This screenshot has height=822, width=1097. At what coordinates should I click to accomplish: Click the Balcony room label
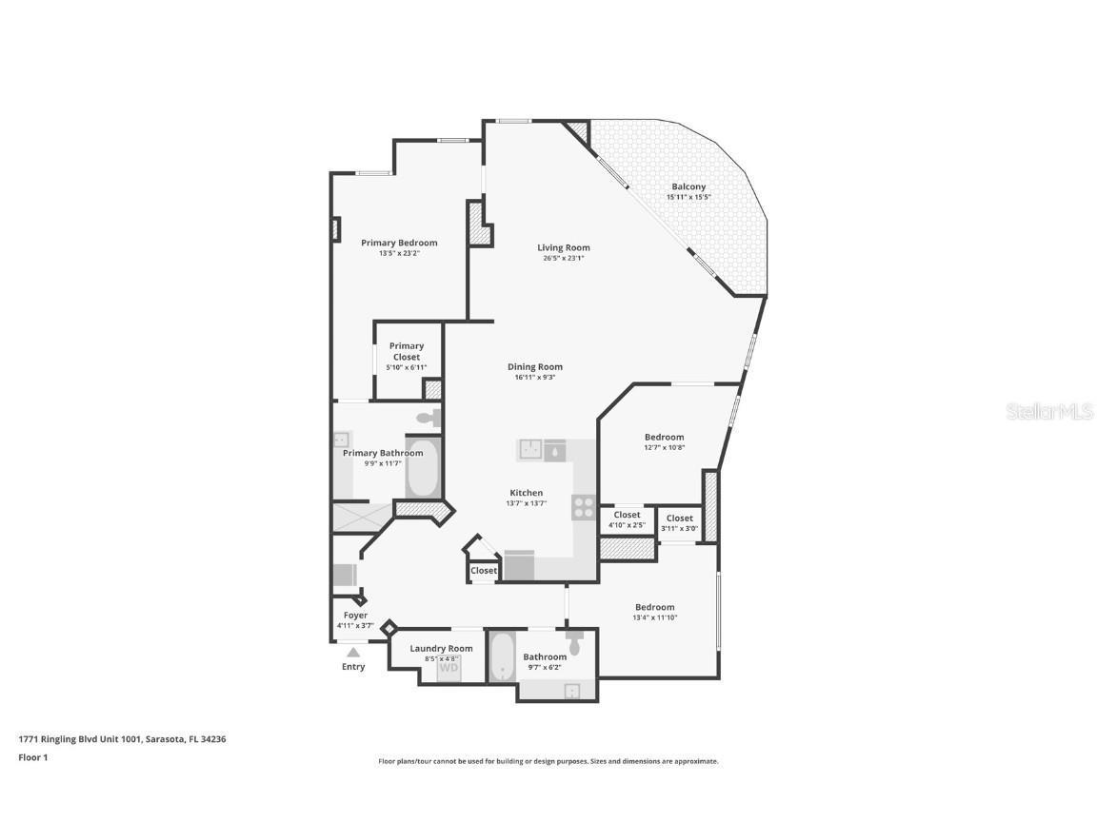tap(688, 186)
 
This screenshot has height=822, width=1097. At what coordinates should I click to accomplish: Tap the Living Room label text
tap(563, 247)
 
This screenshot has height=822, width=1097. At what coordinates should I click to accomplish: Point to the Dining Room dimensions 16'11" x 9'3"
tap(534, 377)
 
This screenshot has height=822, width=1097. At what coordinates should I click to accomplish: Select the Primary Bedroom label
tap(399, 243)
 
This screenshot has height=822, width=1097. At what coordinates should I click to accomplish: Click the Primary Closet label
tap(407, 351)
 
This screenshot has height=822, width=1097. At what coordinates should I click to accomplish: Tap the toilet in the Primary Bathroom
tap(429, 417)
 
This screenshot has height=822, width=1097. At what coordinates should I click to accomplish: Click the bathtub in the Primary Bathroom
tap(424, 467)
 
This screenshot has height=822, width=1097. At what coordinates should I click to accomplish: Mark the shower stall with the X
tap(361, 517)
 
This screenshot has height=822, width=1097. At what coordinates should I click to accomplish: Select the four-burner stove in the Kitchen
tap(584, 507)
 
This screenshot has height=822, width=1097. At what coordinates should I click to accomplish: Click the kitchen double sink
tap(542, 449)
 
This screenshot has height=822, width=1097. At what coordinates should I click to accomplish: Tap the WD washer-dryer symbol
tap(449, 669)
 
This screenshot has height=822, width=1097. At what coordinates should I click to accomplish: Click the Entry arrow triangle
tap(353, 652)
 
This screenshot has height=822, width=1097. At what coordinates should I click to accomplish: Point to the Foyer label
tap(355, 616)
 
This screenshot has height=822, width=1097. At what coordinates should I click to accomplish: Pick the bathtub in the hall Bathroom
tap(501, 658)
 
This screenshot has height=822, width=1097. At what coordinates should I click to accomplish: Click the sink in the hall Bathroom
tap(572, 691)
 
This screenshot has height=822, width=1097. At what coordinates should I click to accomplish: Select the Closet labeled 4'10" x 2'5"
tap(627, 515)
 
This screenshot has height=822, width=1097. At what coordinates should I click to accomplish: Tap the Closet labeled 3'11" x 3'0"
tap(680, 519)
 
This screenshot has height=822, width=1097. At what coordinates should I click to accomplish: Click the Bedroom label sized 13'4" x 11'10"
tap(655, 607)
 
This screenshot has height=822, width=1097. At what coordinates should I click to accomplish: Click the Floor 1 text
tap(33, 757)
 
